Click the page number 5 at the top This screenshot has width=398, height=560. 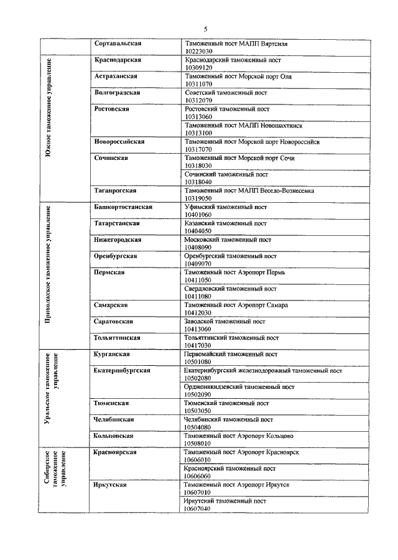[x=205, y=29]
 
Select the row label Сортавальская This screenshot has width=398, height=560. [x=118, y=44]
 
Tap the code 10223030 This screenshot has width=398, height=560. [x=199, y=51]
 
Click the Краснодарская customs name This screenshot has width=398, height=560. [x=118, y=60]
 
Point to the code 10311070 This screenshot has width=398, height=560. [x=199, y=83]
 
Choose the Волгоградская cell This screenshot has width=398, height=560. [x=118, y=92]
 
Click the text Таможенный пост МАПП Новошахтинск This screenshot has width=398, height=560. [x=238, y=125]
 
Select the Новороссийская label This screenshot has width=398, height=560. [x=120, y=141]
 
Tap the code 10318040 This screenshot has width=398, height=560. [x=199, y=182]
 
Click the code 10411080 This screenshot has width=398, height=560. [x=199, y=296]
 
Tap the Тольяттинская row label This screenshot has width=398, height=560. [x=118, y=338]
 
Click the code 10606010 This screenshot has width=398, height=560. [x=199, y=460]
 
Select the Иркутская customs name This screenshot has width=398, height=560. [x=111, y=485]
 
